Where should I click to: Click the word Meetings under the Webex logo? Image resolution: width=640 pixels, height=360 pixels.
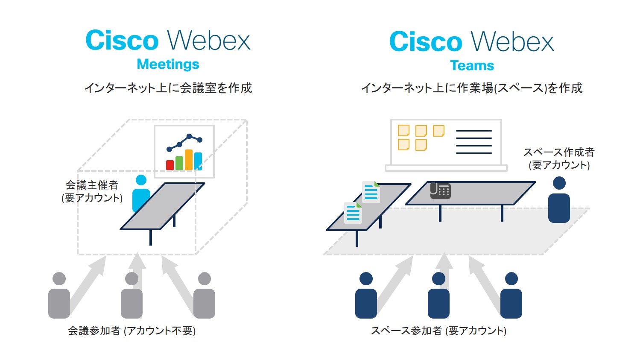(168, 64)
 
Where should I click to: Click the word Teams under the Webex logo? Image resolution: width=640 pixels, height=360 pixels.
(472, 65)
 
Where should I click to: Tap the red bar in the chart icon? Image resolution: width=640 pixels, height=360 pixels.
(169, 165)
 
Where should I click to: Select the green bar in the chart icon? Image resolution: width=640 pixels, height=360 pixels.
(179, 163)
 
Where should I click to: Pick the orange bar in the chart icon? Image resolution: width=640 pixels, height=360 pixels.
(188, 159)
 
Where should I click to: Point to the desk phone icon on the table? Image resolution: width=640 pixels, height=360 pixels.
(440, 190)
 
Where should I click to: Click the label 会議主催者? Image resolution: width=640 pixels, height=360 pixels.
(92, 185)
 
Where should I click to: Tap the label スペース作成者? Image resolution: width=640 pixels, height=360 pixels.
(559, 152)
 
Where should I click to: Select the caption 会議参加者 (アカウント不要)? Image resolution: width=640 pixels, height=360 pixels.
(132, 331)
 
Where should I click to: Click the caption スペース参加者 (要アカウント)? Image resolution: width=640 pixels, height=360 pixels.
(438, 331)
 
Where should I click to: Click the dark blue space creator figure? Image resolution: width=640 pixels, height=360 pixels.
(559, 200)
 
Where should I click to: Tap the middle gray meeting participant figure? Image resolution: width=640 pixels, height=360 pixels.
(132, 296)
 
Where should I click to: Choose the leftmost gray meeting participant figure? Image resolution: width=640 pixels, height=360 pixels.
(59, 296)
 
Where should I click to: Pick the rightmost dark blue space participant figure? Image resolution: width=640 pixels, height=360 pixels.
(511, 296)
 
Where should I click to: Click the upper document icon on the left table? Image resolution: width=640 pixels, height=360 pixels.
(371, 192)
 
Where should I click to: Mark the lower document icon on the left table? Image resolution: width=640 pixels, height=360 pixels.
(353, 213)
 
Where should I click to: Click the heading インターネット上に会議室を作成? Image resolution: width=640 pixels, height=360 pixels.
(168, 88)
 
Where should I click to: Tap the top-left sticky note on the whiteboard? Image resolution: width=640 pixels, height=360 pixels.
(403, 130)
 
